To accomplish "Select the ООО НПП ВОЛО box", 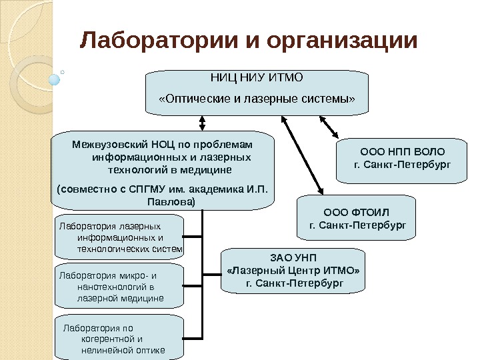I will click(x=397, y=161).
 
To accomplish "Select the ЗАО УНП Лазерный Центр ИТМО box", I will click(x=293, y=271).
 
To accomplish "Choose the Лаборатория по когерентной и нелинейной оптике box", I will click(x=118, y=338).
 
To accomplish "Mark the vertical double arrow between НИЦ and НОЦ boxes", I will click(x=203, y=123).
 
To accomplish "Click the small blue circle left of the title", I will click(x=55, y=79).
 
